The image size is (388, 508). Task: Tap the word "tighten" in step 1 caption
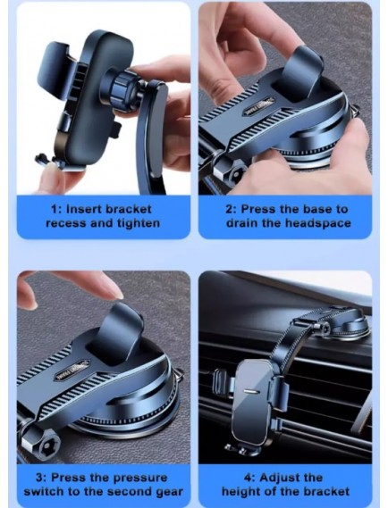point(139,223)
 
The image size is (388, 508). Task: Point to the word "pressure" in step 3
point(140,478)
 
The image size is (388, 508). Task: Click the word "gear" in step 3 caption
point(169,492)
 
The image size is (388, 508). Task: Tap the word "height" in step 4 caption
point(241,491)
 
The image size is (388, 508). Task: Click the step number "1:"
point(56,209)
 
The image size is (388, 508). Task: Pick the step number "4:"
point(249,478)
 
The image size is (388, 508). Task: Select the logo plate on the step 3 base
point(72,371)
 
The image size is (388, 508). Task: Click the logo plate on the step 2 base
point(258,107)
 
